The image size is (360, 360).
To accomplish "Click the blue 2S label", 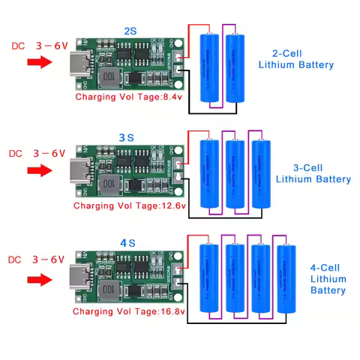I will click(x=130, y=31).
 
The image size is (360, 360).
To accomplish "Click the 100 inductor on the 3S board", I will click(x=109, y=183).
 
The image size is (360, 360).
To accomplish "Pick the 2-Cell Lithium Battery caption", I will click(x=295, y=59).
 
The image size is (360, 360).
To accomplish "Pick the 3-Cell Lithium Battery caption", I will click(x=313, y=173).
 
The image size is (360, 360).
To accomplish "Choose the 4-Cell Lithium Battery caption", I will click(x=328, y=278).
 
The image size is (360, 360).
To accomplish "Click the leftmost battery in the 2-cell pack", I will click(x=210, y=68).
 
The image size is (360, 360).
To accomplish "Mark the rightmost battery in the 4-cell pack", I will click(x=286, y=280).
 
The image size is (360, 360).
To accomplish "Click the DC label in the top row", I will click(x=18, y=46).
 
